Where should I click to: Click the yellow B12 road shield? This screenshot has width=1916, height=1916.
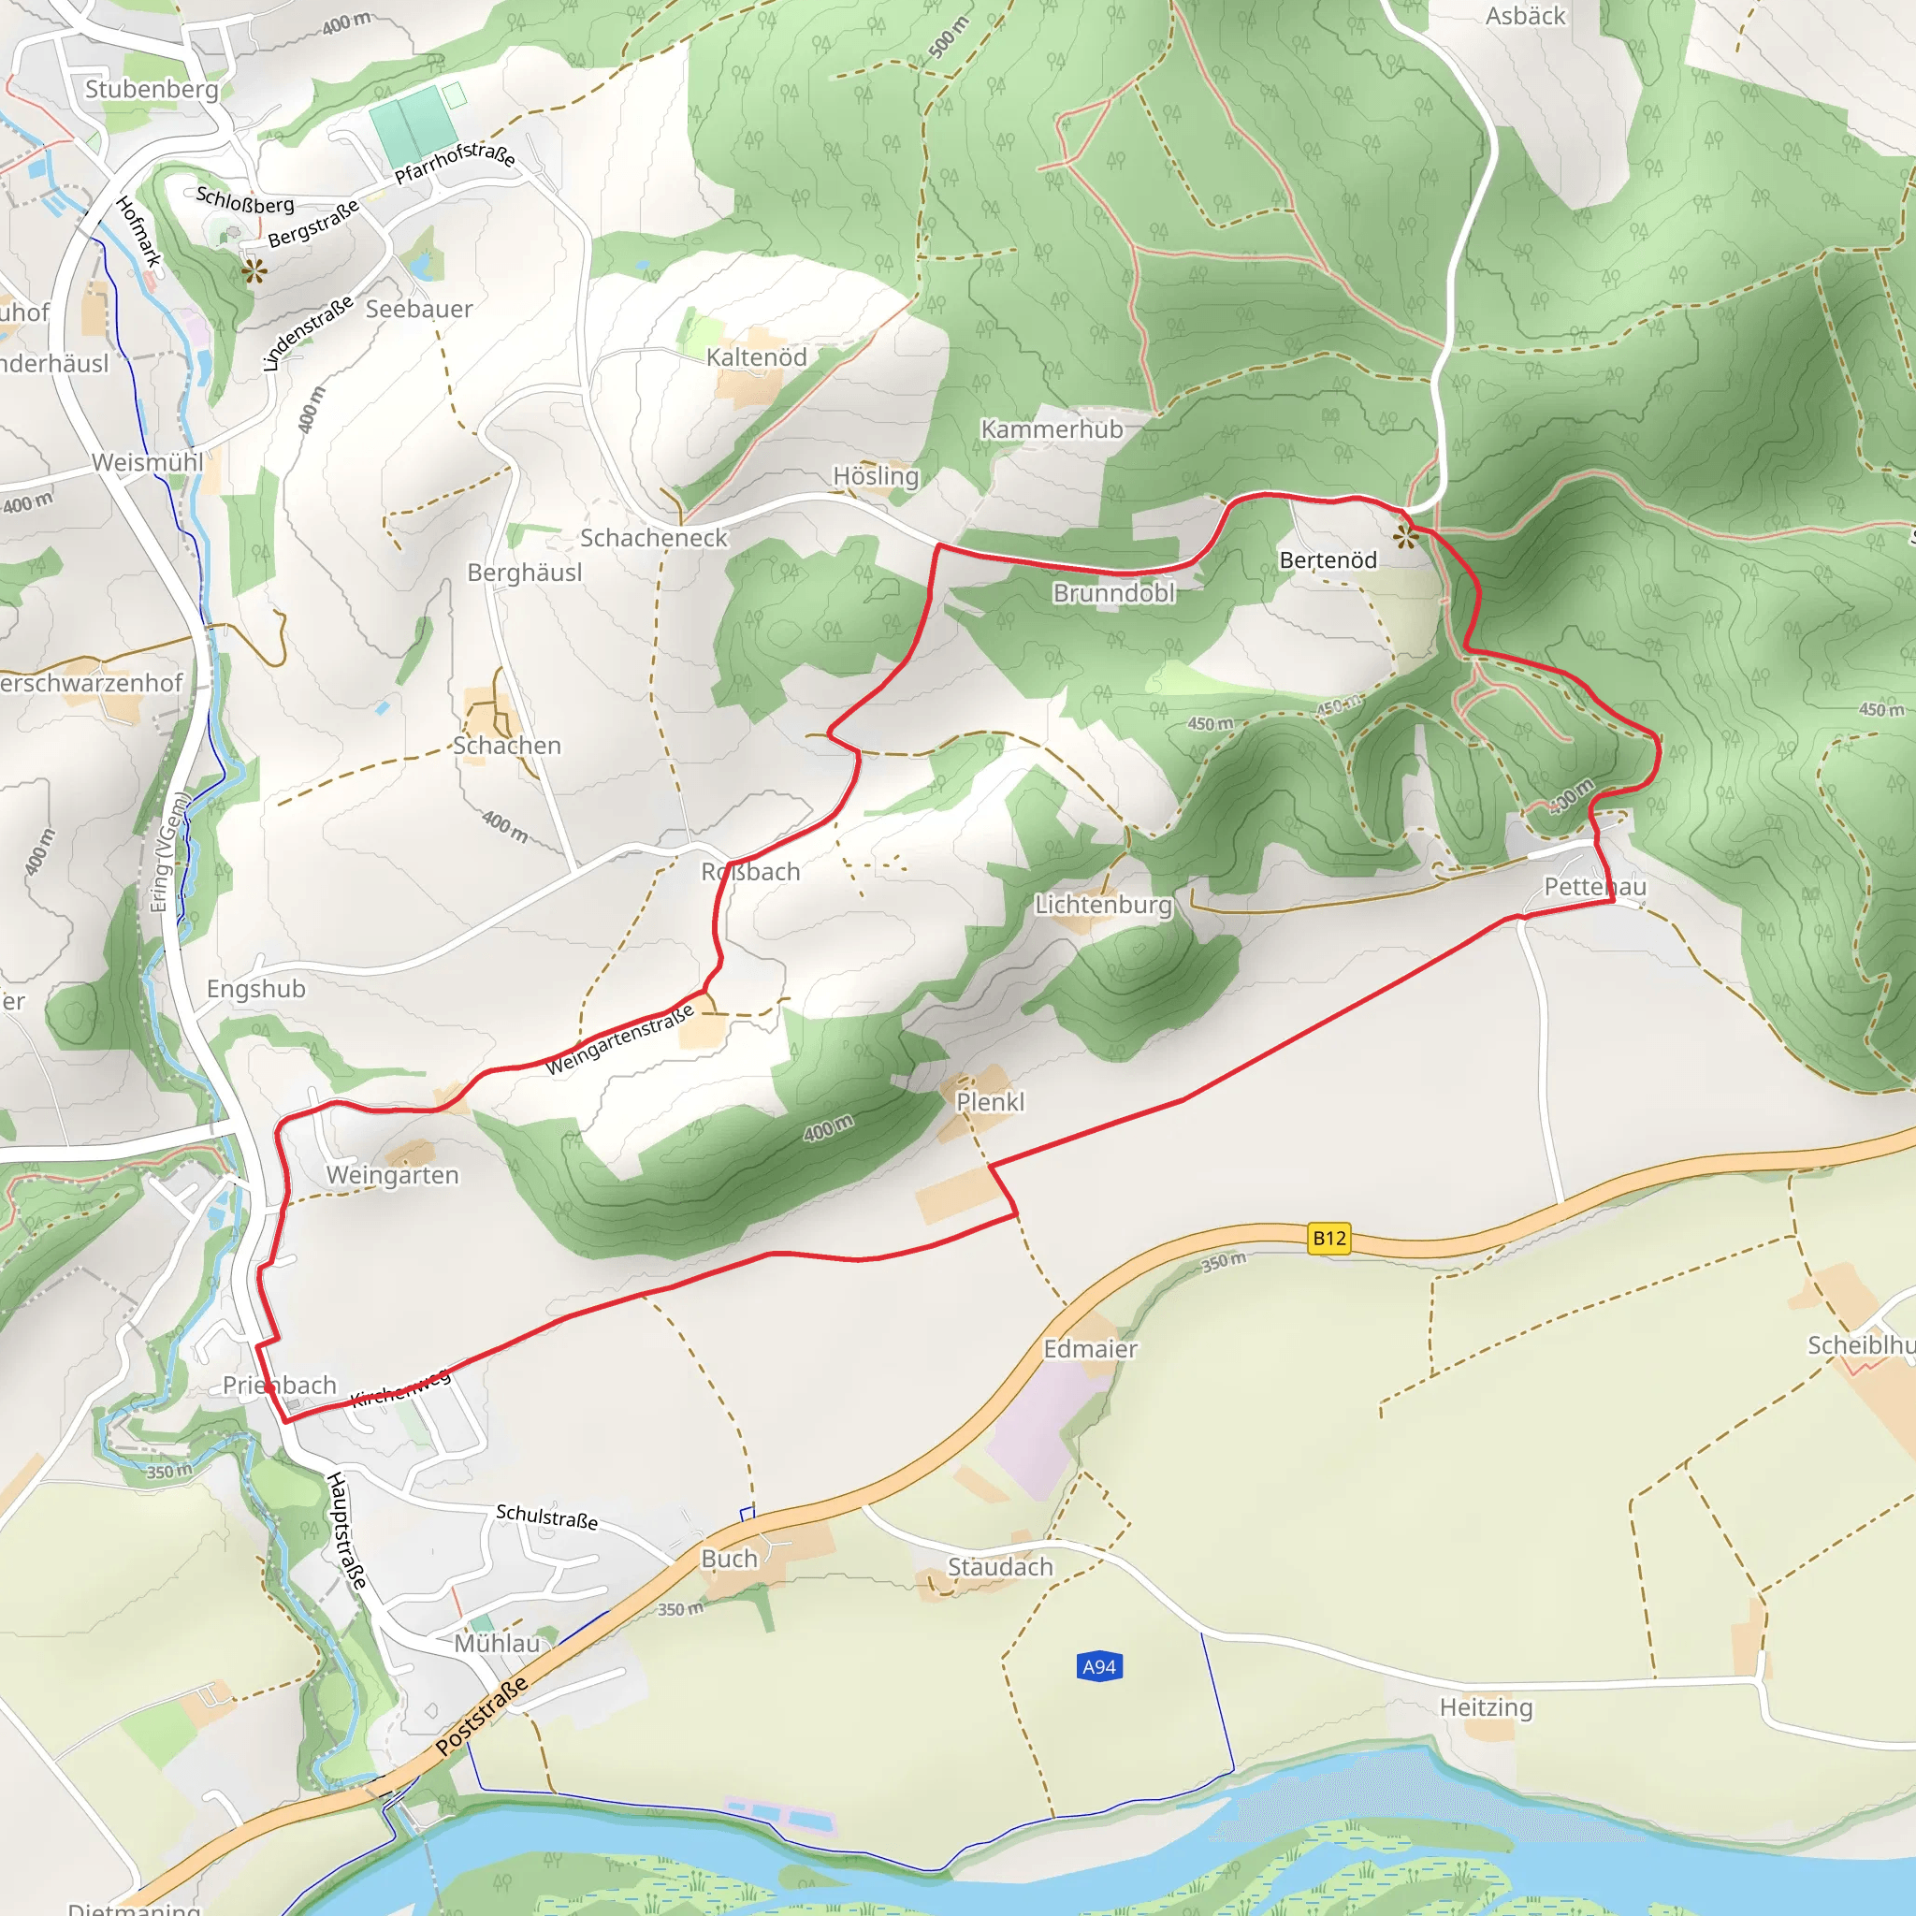(x=1328, y=1238)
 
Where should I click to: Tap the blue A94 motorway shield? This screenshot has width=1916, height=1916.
(x=1099, y=1667)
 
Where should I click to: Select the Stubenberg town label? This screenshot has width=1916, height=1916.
(x=151, y=89)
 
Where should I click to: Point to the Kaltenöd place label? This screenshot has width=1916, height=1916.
(x=756, y=357)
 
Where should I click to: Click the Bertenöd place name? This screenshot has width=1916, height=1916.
(x=1328, y=560)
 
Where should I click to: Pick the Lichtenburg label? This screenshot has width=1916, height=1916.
(x=1103, y=905)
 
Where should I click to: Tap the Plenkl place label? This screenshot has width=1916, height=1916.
(x=990, y=1102)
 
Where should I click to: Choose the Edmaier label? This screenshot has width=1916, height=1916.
(x=1090, y=1349)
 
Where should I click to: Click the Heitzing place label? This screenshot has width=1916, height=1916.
(x=1486, y=1707)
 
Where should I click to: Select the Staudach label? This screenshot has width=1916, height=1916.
(x=1000, y=1567)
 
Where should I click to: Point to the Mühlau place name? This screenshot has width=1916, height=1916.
(x=497, y=1643)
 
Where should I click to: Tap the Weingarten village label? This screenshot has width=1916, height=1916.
(x=392, y=1175)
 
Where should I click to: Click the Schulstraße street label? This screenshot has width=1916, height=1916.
(x=546, y=1517)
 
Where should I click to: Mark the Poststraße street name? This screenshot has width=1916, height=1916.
(x=481, y=1717)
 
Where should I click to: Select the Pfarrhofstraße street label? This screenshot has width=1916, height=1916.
(x=456, y=162)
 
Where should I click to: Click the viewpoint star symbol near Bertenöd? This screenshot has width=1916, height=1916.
(x=1405, y=539)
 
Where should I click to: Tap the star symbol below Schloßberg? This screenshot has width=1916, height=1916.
(x=254, y=269)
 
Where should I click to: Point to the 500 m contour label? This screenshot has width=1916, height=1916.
(x=948, y=37)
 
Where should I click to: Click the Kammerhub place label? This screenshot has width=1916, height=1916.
(x=1052, y=429)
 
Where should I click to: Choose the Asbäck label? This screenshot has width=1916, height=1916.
(x=1524, y=16)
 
